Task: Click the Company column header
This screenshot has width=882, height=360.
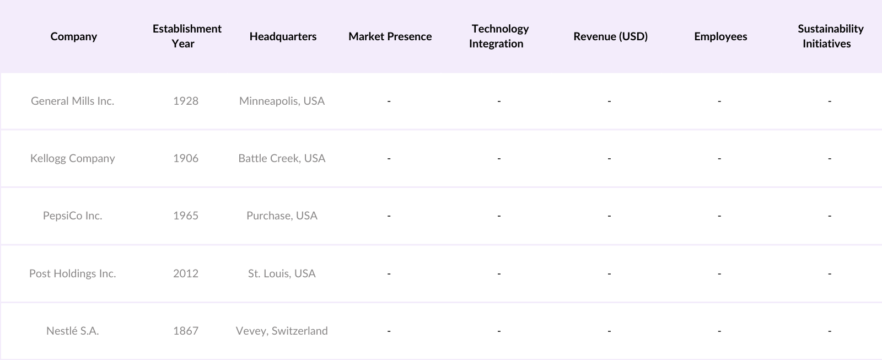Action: (x=73, y=36)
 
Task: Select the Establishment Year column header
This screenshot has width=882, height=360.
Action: (x=187, y=36)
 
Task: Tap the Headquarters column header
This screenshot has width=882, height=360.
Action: (x=283, y=36)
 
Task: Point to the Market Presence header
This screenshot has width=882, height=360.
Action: (x=390, y=36)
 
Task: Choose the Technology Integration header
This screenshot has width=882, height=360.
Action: (x=499, y=36)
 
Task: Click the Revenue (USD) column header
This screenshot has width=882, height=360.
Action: (x=610, y=36)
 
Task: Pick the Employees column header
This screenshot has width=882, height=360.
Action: (x=720, y=36)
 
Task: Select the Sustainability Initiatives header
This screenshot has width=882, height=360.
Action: (x=830, y=36)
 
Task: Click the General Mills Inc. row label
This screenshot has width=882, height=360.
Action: (x=73, y=101)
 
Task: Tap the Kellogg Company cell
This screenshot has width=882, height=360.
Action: (x=73, y=158)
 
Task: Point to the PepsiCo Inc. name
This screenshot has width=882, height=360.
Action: (x=73, y=216)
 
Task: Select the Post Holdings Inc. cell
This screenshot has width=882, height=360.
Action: (x=73, y=273)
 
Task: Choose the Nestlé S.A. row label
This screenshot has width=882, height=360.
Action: (x=73, y=331)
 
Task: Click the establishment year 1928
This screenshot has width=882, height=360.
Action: (x=186, y=101)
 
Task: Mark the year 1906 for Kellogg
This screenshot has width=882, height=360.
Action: (x=186, y=158)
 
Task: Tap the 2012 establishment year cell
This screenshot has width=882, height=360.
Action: (x=186, y=273)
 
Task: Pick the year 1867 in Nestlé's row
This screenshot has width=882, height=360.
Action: (x=186, y=331)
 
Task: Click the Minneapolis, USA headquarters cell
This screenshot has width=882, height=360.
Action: (x=282, y=101)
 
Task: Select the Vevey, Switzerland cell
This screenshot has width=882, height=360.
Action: (x=282, y=331)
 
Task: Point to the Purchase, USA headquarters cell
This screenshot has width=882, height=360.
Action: (x=282, y=216)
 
